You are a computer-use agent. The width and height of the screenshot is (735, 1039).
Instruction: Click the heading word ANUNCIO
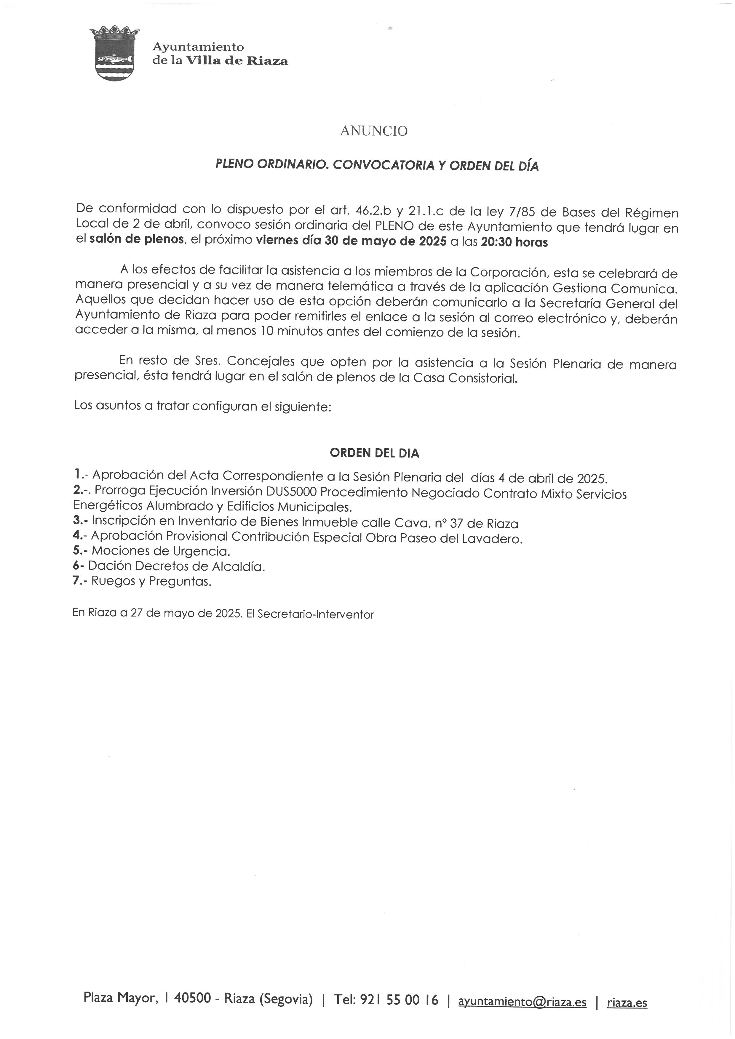pos(373,131)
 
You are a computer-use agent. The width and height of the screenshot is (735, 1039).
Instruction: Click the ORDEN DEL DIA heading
pos(374,453)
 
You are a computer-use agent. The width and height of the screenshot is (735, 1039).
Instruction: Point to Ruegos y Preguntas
pos(151,581)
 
